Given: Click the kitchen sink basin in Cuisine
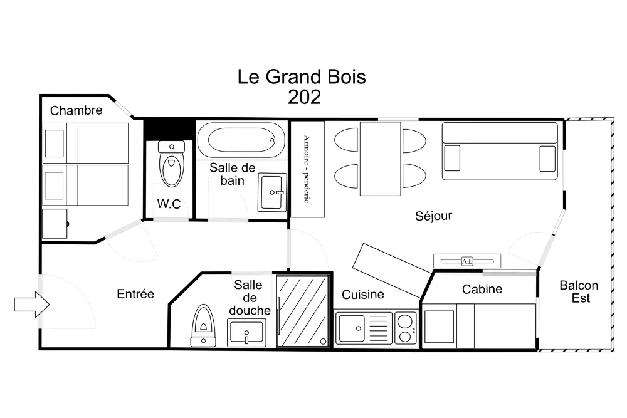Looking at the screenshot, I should [x=351, y=327].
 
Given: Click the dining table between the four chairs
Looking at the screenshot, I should [x=380, y=159].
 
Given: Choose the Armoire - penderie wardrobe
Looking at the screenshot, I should [x=307, y=169].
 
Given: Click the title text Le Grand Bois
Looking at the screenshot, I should [x=302, y=77].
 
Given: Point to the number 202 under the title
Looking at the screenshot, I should [x=304, y=97].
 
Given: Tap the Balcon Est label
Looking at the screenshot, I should [x=579, y=292].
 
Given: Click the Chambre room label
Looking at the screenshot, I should [x=76, y=111].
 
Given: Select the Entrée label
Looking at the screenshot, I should [x=135, y=294].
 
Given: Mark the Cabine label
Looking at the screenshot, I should [x=482, y=289].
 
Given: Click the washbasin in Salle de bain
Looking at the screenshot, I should [x=272, y=192].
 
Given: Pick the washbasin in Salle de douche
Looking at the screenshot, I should [x=246, y=331].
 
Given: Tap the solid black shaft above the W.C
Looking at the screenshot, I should [x=168, y=129].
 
